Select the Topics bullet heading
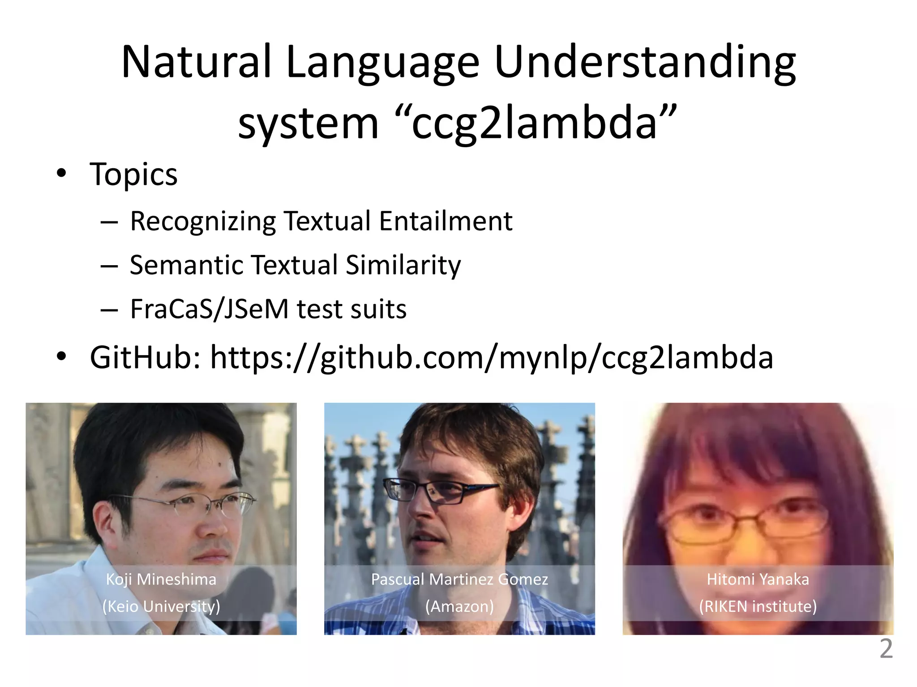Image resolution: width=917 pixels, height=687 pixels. point(133,174)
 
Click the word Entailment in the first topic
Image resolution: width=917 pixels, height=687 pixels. point(446,221)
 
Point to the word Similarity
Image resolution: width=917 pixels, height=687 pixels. point(403,265)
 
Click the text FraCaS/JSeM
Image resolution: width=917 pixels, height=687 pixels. point(209,309)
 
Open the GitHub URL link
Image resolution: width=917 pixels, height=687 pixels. point(492,358)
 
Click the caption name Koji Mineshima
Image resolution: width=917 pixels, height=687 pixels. point(161,579)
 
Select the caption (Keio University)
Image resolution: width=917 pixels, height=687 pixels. point(161,606)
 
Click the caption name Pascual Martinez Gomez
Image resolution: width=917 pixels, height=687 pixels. point(459,579)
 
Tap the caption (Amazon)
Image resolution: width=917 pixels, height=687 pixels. point(459,606)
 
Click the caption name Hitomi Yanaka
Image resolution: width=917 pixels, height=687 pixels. point(758,579)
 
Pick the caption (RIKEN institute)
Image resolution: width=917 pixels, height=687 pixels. point(758,606)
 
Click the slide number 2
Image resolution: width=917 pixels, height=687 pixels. point(886,649)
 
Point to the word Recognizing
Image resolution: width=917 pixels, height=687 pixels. point(202,221)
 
